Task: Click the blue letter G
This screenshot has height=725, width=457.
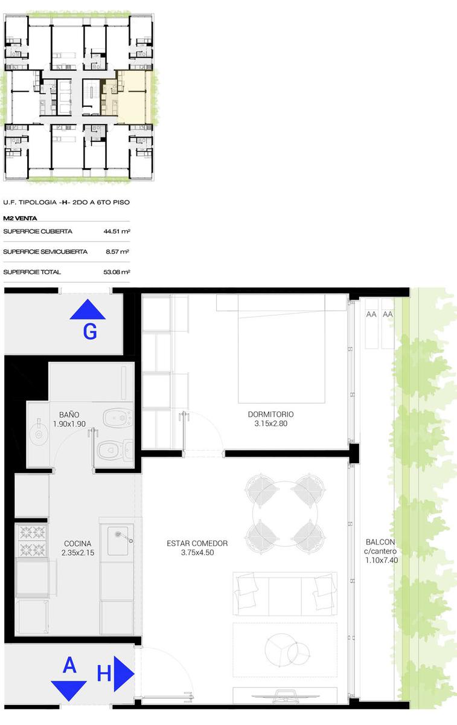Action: tap(90, 332)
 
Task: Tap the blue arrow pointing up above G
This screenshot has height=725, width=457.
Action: tap(88, 309)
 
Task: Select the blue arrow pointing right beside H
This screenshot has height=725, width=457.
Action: tap(124, 674)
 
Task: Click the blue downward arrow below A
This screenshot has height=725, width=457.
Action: tap(69, 691)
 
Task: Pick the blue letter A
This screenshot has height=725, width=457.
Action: tap(69, 665)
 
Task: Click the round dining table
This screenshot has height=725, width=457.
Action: tap(284, 514)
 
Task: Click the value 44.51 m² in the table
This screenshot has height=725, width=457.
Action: tap(117, 231)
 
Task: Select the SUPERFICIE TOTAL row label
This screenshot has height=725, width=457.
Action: tap(32, 272)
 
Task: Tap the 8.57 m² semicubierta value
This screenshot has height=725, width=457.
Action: tap(118, 251)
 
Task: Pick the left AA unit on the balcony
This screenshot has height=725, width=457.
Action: tap(371, 324)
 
